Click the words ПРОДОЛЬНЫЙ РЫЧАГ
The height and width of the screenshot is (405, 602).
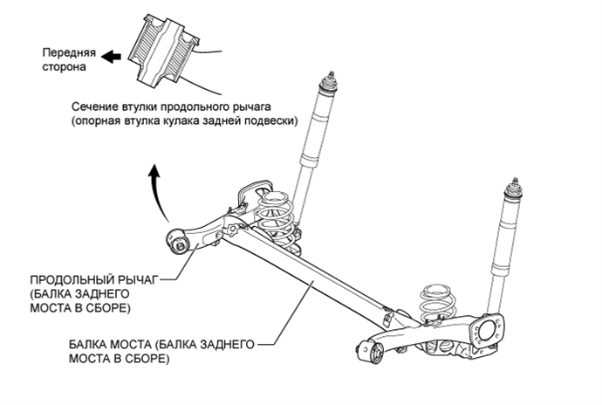84,280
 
